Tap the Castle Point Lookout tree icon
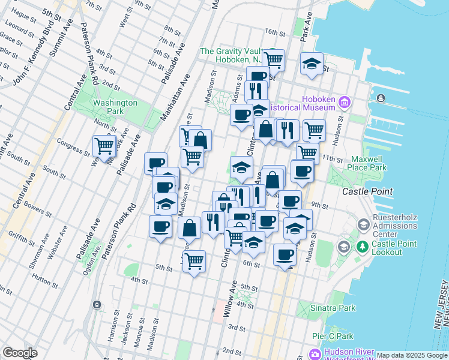pos(363,246)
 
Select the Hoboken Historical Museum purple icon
pos(345,102)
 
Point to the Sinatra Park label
pos(334,308)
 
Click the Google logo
pos(20,353)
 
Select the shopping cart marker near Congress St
pos(104,145)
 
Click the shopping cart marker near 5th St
pos(194,261)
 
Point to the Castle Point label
pos(367,191)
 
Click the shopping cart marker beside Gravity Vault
pos(273,59)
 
